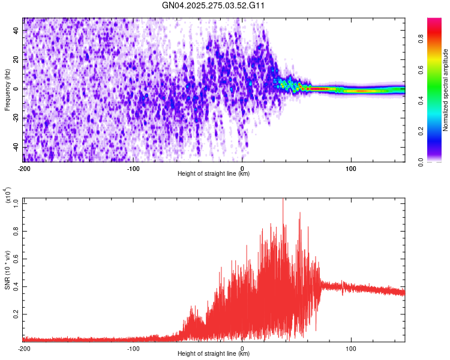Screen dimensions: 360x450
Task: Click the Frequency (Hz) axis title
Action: (7, 90)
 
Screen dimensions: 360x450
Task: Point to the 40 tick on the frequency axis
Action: (16, 30)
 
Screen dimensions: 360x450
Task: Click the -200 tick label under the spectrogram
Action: (24, 169)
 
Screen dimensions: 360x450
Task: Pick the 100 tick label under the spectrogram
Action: (350, 169)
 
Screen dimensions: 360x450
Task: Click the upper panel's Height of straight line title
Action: (214, 174)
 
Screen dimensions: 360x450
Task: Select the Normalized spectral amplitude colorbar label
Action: (446, 90)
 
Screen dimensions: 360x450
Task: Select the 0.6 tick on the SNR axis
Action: (15, 259)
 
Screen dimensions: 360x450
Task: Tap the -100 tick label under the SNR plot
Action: (133, 349)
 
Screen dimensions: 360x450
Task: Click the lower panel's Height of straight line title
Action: (214, 354)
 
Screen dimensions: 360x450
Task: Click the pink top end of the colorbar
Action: (434, 21)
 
